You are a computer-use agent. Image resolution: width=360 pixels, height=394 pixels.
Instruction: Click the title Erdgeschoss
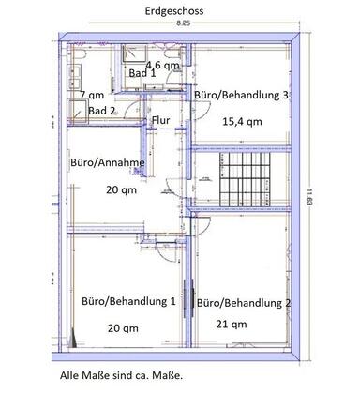174,11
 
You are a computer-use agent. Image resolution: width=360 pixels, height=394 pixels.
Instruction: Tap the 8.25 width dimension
184,23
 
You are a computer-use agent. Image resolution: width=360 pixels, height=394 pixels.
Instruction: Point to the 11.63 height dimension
309,197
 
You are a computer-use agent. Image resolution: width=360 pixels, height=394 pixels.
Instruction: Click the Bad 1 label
142,73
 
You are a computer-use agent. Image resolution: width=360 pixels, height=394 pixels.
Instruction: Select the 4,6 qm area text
163,65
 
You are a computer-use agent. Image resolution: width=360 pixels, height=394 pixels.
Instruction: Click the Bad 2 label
102,111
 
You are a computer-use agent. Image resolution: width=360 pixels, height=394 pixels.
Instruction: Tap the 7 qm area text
92,95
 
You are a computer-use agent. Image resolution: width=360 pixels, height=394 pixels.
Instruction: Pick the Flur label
161,120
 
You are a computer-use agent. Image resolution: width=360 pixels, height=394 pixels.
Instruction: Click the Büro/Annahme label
108,162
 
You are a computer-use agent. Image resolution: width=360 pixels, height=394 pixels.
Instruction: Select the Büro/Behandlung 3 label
241,95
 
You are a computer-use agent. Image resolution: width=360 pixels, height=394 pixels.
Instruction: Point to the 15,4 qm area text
242,121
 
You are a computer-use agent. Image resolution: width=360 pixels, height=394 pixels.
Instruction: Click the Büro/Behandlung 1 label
128,301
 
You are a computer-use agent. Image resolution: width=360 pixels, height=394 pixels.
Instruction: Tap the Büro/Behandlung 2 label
244,303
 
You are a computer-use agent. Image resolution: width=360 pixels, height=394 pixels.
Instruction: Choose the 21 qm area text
232,325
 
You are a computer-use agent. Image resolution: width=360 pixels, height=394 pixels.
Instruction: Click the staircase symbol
245,179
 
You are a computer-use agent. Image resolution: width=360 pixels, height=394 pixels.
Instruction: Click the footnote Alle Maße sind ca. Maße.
121,375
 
